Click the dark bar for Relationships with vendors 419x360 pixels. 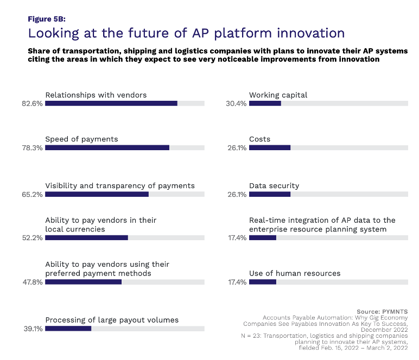111,103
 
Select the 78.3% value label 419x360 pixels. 33,147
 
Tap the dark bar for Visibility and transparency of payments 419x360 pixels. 97,194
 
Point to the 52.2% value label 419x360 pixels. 33,237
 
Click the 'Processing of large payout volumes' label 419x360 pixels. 112,320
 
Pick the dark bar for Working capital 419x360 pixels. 265,103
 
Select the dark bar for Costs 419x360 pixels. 270,147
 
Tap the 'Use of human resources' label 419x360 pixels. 295,273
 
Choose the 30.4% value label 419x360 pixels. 236,103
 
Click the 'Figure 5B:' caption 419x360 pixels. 47,18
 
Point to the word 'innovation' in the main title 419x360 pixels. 304,33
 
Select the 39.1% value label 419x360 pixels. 33,329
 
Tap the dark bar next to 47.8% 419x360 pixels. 83,282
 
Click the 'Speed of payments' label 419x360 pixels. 81,139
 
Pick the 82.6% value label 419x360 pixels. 33,103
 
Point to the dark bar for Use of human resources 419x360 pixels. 263,282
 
